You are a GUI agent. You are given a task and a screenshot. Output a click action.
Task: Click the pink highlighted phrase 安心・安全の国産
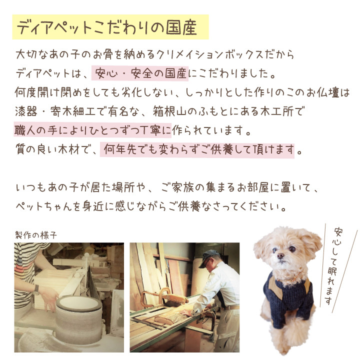coord(140,73)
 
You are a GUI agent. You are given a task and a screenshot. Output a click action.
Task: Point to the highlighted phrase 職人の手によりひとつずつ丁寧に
coord(93,130)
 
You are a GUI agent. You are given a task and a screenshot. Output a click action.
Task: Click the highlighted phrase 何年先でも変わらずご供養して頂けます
coord(197,150)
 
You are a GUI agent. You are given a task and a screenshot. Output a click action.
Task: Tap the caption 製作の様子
coord(36,235)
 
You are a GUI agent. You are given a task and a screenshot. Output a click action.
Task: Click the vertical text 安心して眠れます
coord(334,266)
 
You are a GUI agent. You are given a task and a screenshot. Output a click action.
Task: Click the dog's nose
coord(280,255)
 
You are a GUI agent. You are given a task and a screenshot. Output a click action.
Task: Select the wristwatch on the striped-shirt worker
coord(36,290)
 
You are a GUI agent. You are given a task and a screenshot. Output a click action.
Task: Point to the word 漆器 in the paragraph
coord(26,112)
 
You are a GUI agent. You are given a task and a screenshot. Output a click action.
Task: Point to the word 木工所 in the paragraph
coord(277,112)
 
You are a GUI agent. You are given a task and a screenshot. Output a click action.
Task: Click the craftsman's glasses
coord(205,261)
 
